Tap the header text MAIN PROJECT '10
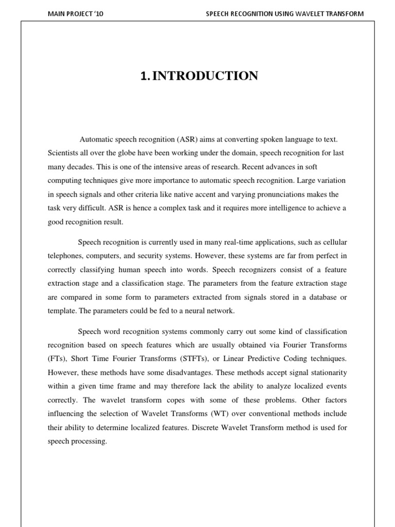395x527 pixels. [75, 14]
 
